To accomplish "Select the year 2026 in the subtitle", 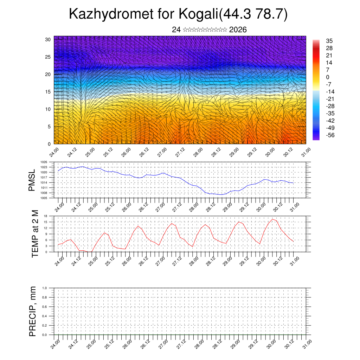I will [238, 30].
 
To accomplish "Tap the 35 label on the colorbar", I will [329, 41].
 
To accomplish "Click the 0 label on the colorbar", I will [328, 77].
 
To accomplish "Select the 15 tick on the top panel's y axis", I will [48, 92].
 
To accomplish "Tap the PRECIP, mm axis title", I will [33, 311].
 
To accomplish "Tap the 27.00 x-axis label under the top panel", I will [162, 154].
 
